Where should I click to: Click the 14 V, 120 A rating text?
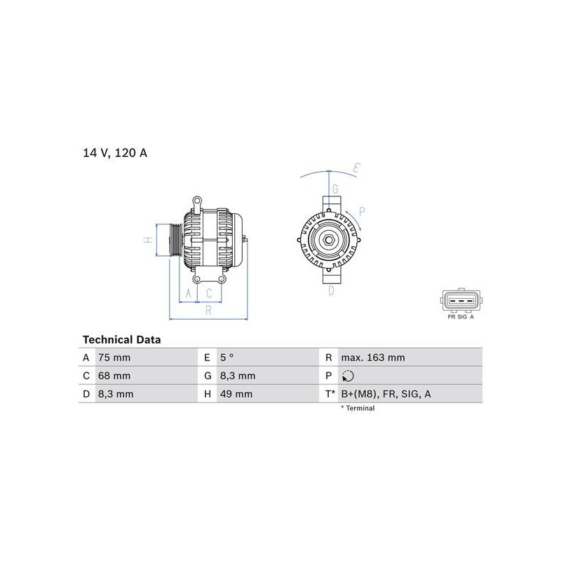tap(115, 153)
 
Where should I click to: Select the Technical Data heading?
tap(121, 339)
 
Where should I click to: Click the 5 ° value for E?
tap(227, 358)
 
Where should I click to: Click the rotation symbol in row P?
tap(348, 376)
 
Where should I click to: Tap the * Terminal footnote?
tap(358, 408)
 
